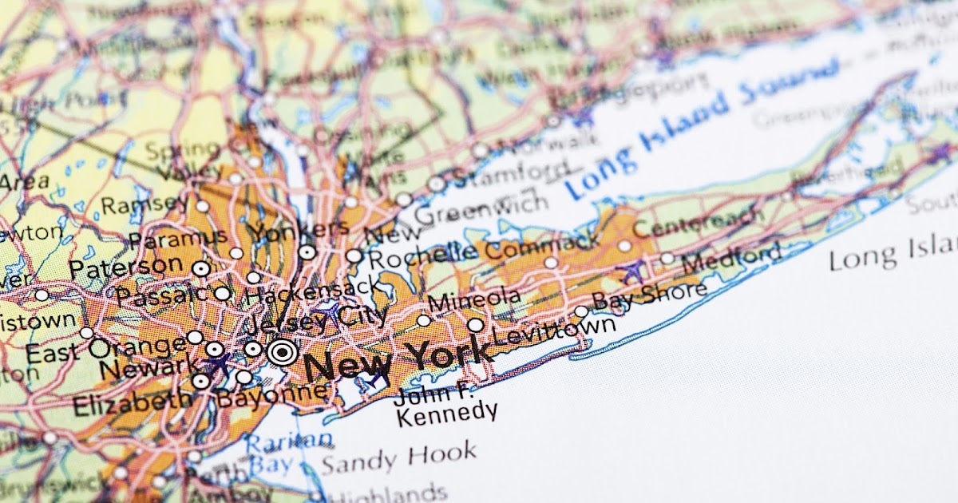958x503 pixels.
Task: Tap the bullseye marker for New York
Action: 282,351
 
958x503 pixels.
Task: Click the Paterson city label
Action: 125,266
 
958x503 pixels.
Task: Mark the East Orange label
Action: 105,349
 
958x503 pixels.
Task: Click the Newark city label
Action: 149,369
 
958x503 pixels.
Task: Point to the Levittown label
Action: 554,330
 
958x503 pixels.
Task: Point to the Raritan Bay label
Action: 287,452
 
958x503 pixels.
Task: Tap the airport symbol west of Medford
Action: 633,271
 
